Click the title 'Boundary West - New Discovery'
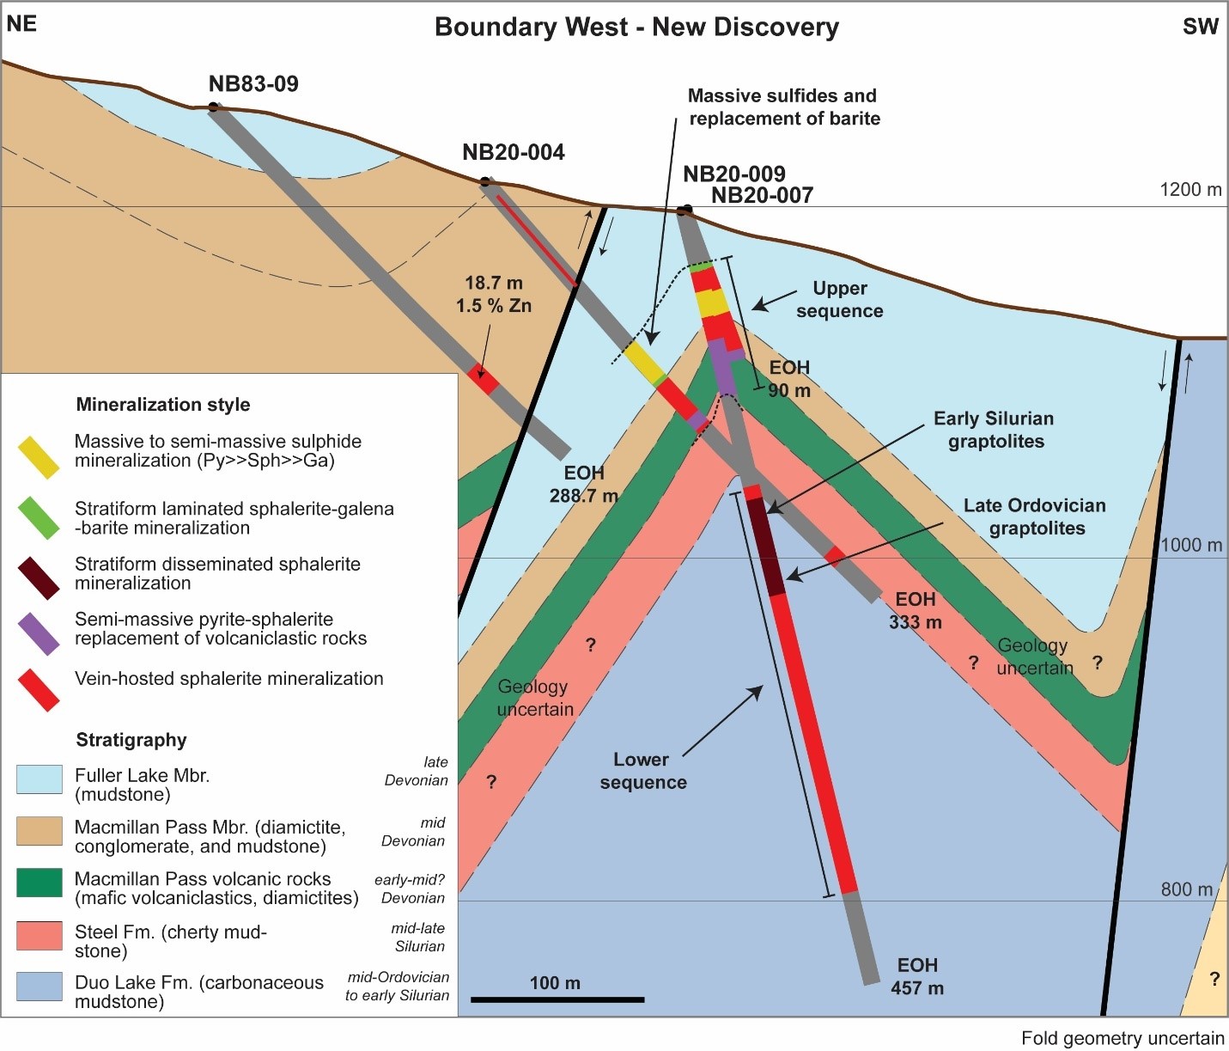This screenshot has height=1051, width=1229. click(636, 27)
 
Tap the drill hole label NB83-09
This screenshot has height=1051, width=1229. click(253, 84)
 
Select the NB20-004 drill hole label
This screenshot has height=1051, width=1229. click(513, 153)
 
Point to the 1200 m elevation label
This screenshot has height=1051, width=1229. click(1189, 190)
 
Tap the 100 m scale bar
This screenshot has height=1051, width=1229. click(557, 999)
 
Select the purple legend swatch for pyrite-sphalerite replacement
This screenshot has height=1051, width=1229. click(39, 634)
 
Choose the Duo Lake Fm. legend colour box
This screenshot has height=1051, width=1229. click(40, 987)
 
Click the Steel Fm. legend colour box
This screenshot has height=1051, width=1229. click(40, 935)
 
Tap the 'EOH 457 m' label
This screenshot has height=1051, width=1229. click(917, 976)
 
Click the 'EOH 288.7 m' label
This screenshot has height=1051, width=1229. click(584, 484)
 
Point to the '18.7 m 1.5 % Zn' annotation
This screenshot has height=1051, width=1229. click(494, 294)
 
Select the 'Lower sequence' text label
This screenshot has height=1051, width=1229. click(642, 771)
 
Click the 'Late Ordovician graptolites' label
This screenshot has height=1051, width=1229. click(1035, 516)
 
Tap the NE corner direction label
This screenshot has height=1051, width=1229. click(21, 24)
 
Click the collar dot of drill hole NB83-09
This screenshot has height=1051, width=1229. click(213, 107)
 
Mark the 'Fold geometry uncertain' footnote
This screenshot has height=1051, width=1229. click(1123, 1038)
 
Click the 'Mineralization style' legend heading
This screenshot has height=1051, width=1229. click(163, 405)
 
